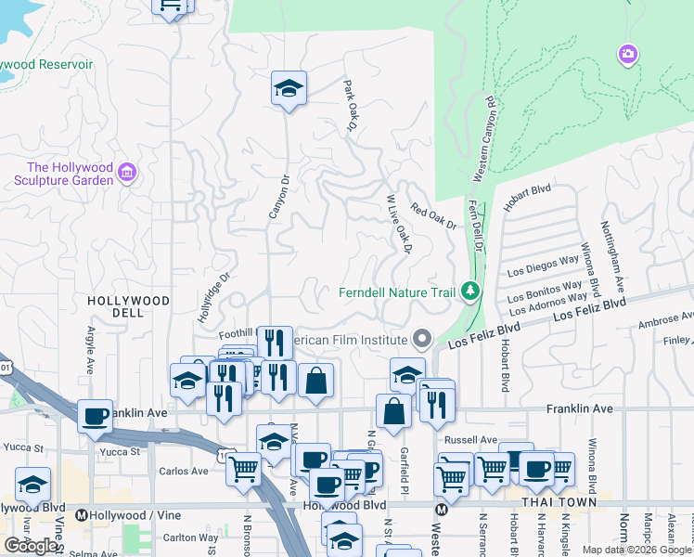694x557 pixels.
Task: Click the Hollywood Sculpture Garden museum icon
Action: click(x=128, y=173)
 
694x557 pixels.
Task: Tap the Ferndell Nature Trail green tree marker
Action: click(x=471, y=292)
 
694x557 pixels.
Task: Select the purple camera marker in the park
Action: click(x=628, y=56)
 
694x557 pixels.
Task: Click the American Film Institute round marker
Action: click(x=424, y=339)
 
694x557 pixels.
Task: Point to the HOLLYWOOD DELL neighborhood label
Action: click(x=129, y=307)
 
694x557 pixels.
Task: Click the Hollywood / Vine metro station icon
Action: click(x=82, y=515)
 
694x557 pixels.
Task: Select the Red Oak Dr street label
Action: click(x=434, y=217)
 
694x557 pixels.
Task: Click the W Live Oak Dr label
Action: click(x=398, y=224)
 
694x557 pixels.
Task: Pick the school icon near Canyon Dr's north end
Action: click(x=289, y=88)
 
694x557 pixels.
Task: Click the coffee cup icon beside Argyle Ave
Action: click(x=95, y=416)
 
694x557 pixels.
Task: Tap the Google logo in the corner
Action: click(x=31, y=546)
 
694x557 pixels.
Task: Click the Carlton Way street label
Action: click(x=190, y=537)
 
